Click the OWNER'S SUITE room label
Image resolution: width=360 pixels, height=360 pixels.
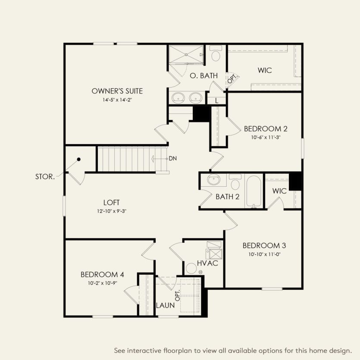click(x=117, y=91)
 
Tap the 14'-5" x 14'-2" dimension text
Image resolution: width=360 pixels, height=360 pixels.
click(x=117, y=100)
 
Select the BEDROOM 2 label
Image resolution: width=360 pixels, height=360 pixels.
click(x=266, y=128)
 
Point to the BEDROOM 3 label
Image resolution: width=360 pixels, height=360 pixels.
click(x=264, y=245)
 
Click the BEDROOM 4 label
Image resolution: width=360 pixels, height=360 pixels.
click(x=102, y=275)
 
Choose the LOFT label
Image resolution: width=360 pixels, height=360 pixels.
click(x=111, y=202)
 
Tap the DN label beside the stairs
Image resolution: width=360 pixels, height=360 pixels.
click(x=172, y=158)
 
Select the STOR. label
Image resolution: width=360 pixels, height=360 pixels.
click(x=45, y=177)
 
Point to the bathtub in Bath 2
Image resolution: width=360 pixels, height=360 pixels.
click(x=254, y=191)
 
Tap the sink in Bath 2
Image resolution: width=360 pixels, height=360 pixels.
click(x=213, y=180)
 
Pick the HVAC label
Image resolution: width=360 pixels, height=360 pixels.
click(x=207, y=263)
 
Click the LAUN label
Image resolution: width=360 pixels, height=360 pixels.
click(x=166, y=305)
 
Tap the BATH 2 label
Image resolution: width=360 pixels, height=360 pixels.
click(x=227, y=197)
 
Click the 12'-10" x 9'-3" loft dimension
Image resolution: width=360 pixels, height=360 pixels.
click(x=111, y=211)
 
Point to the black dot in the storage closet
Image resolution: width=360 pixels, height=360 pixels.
click(x=79, y=159)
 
